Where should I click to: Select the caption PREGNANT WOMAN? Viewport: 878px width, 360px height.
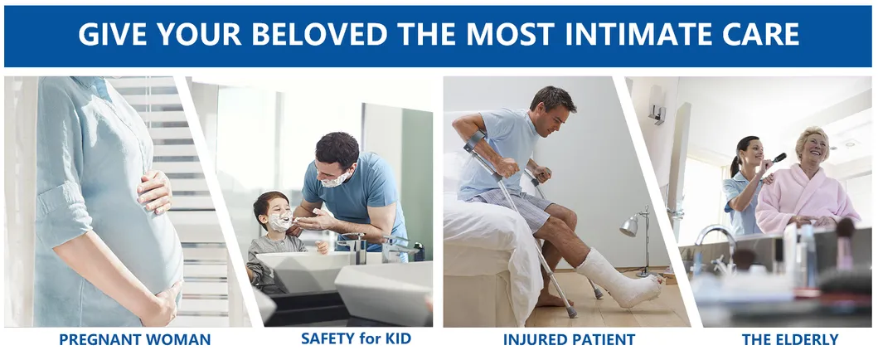135,339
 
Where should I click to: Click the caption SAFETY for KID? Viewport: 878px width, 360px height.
357,338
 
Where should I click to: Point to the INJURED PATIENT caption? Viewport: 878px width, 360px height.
569,339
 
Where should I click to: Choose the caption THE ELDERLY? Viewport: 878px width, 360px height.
790,339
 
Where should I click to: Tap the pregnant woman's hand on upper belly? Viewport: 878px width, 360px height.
154,192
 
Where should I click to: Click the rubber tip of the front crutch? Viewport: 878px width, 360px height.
572,313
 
